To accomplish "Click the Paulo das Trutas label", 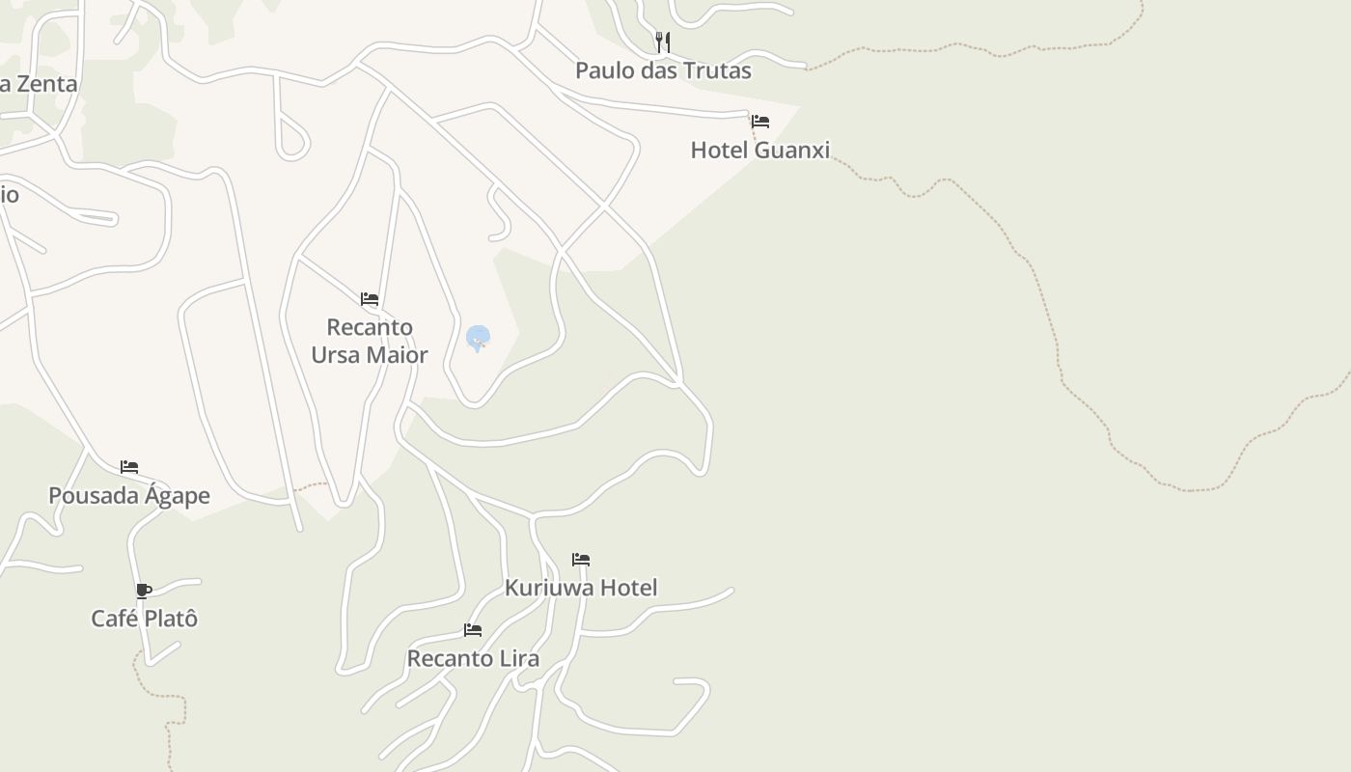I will click(663, 70).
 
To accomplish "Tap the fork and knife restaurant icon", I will click(662, 41).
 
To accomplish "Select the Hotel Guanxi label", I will click(760, 150).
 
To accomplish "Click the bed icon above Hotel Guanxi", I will click(760, 122).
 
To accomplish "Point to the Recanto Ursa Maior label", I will click(370, 341).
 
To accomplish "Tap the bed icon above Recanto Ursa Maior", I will click(370, 299).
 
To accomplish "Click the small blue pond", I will click(478, 338).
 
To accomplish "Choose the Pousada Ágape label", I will click(129, 496).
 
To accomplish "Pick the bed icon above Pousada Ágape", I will click(129, 467).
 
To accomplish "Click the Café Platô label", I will click(145, 619).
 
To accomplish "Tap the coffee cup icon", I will click(144, 591).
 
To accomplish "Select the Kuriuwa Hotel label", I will click(581, 588).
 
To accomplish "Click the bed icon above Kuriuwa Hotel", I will click(581, 560).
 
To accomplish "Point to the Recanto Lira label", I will click(473, 659).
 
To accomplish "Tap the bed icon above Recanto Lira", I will click(473, 630).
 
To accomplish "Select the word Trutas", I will click(716, 70).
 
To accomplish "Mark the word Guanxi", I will click(791, 150).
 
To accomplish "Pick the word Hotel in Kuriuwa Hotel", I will click(628, 588).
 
